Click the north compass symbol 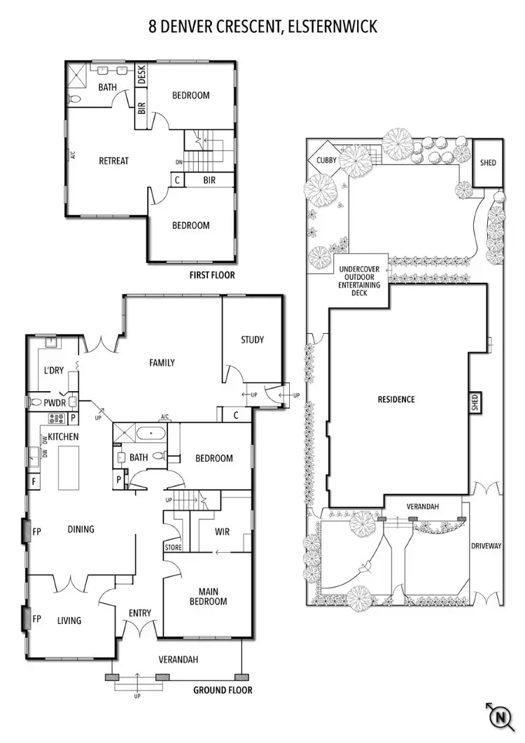click(499, 717)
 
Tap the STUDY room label click(252, 340)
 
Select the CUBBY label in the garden click(326, 160)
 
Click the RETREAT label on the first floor click(113, 161)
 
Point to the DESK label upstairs click(141, 76)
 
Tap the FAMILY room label click(162, 362)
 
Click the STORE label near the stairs click(173, 546)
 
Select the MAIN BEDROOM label click(208, 595)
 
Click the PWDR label click(54, 403)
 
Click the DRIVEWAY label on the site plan click(486, 546)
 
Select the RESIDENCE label click(396, 399)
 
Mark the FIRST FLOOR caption click(212, 276)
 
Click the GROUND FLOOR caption click(223, 691)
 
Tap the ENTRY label click(140, 614)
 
